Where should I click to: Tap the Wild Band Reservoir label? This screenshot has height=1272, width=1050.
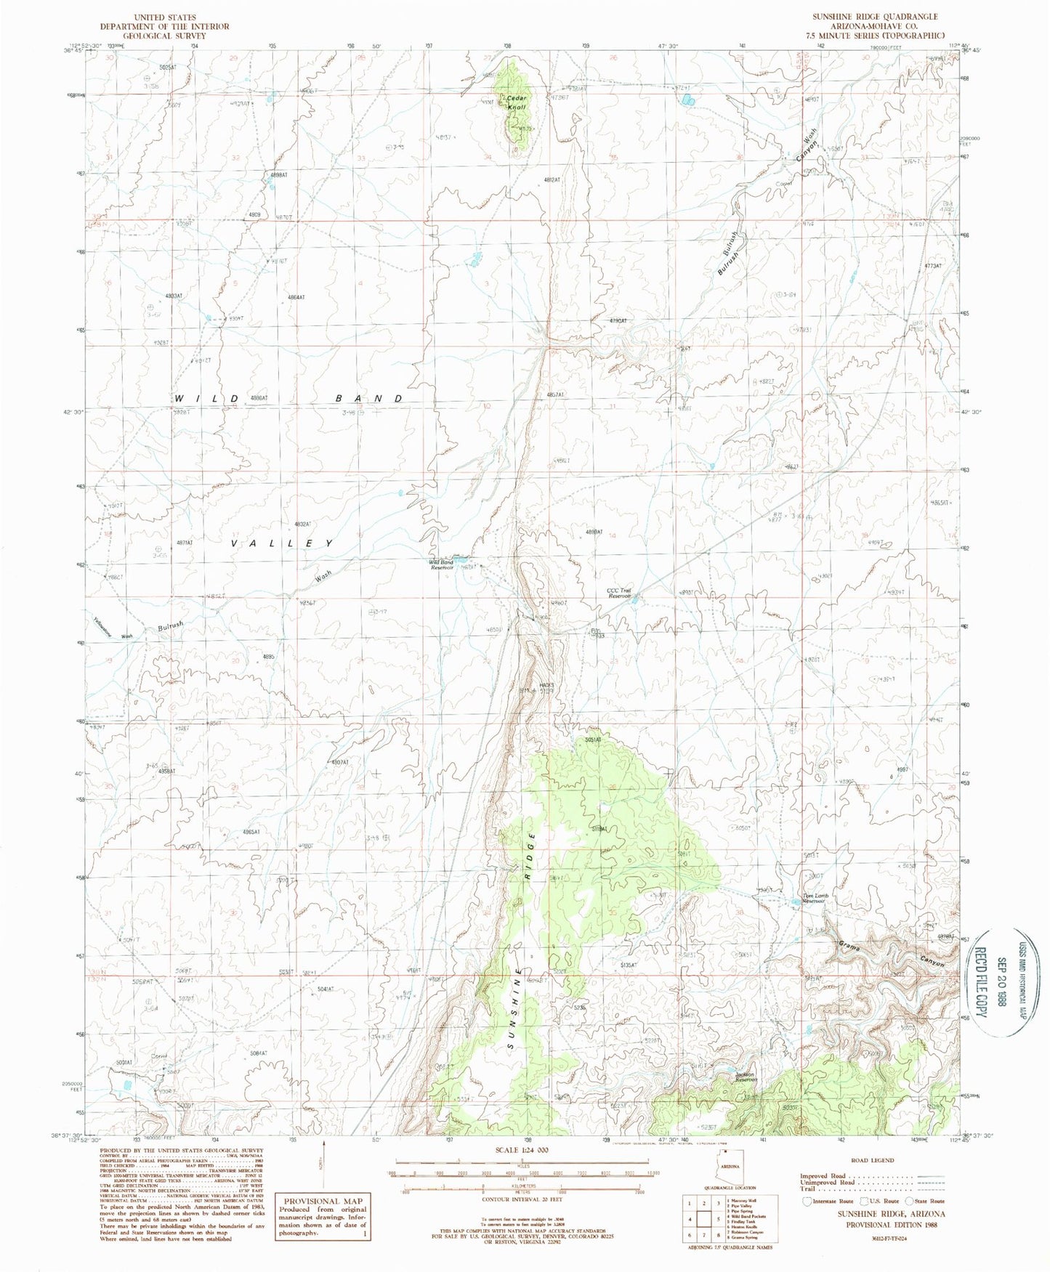click(x=441, y=564)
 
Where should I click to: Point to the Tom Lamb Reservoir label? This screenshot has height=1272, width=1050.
click(x=815, y=898)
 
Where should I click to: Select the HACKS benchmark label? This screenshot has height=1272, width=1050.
click(x=546, y=686)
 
